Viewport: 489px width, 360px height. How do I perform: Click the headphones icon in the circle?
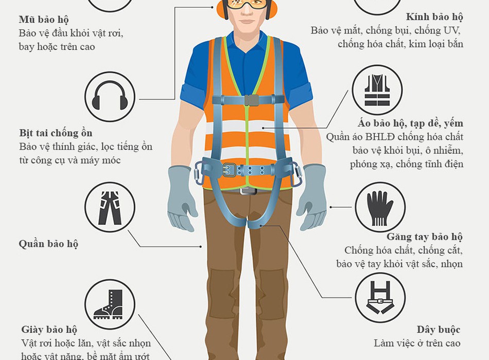[110, 96]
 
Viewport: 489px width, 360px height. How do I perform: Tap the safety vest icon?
[377, 91]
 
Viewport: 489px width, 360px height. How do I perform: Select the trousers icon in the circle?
[110, 208]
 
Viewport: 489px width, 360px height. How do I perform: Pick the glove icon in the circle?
[379, 208]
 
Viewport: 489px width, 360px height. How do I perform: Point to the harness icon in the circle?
[380, 297]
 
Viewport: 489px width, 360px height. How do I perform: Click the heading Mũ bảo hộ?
[44, 20]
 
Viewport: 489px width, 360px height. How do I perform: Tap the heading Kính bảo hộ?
[434, 17]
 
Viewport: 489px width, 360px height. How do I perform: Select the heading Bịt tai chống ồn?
[56, 133]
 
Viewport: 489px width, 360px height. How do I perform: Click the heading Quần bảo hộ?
[48, 244]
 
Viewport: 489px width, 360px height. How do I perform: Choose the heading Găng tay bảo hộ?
[425, 237]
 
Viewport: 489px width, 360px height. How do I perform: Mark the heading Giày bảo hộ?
[49, 330]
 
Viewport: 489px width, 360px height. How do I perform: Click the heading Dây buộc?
[439, 330]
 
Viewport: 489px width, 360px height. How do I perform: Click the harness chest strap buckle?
[251, 100]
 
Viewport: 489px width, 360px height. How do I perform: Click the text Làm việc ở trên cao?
[417, 343]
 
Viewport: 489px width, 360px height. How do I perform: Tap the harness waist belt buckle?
[229, 170]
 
